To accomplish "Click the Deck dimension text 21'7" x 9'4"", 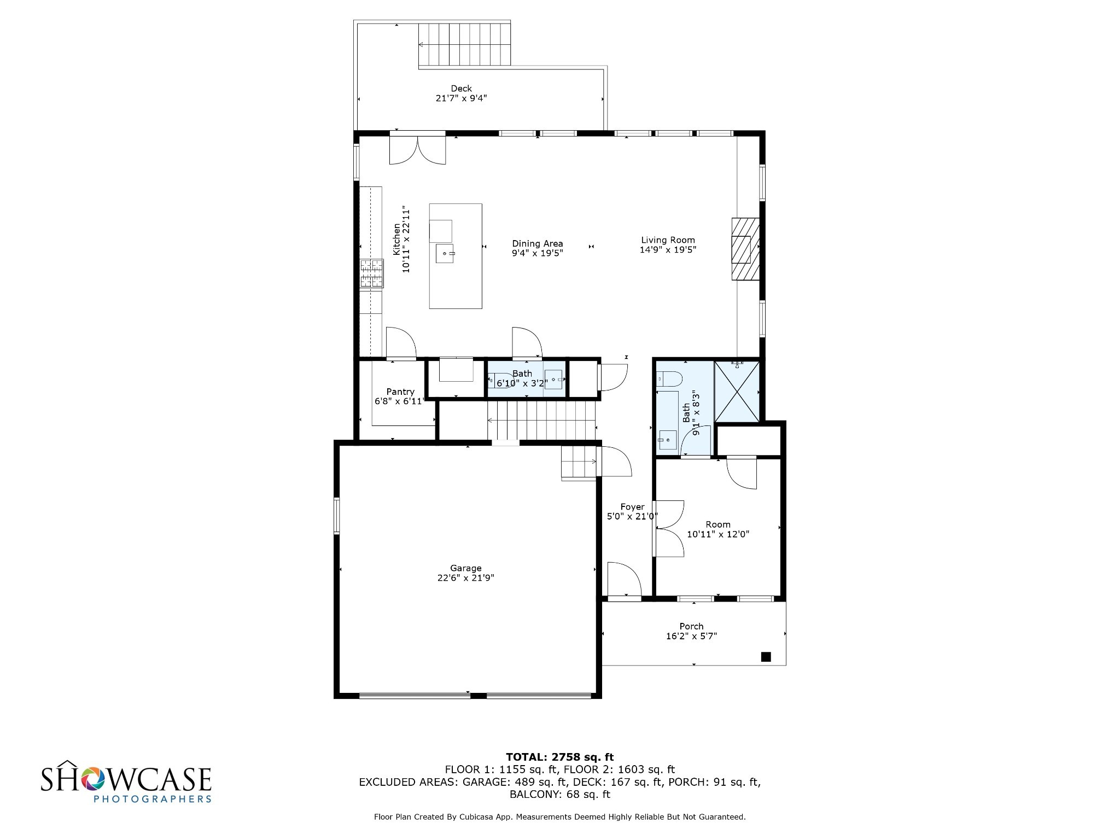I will pyautogui.click(x=461, y=98).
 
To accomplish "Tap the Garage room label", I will pyautogui.click(x=465, y=568).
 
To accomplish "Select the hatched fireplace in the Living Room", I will pyautogui.click(x=745, y=249).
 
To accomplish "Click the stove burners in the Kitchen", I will pyautogui.click(x=371, y=273).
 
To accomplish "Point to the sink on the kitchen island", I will pyautogui.click(x=445, y=254).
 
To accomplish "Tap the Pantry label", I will pyautogui.click(x=400, y=392).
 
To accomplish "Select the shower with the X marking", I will pyautogui.click(x=737, y=392).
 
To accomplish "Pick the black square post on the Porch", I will pyautogui.click(x=766, y=657).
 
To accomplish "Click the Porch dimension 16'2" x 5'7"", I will pyautogui.click(x=691, y=636).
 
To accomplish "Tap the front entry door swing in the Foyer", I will pyautogui.click(x=624, y=580).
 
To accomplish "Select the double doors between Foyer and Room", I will pyautogui.click(x=669, y=528).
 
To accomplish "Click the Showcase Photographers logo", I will pyautogui.click(x=126, y=781).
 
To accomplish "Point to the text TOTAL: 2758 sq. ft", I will pyautogui.click(x=559, y=757).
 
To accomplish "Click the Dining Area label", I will pyautogui.click(x=537, y=243).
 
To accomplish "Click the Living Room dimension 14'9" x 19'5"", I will pyautogui.click(x=668, y=249).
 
